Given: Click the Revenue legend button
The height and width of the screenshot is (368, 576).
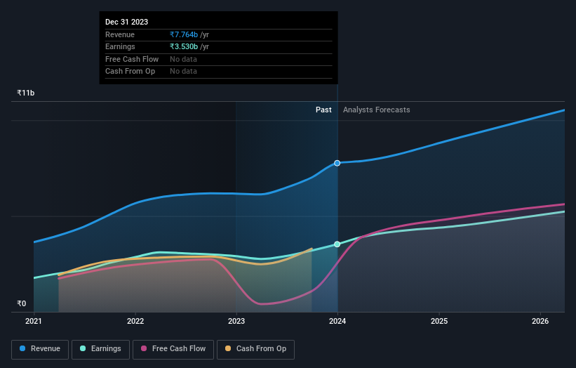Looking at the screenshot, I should click(40, 349).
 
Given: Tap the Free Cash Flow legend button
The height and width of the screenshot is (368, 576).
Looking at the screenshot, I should click(173, 349).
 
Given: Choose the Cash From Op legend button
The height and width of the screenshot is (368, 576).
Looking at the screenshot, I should click(255, 349).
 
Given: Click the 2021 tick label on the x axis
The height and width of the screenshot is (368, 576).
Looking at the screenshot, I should click(34, 322).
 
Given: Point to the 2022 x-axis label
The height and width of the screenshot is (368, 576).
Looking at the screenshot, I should click(135, 322).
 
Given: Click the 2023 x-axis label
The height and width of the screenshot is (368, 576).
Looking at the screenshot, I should click(236, 322).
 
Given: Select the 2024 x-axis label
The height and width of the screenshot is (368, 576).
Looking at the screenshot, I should click(337, 322).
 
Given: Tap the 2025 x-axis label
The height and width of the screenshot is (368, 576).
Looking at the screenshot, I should click(439, 322).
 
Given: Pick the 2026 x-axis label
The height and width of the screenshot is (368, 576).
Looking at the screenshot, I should click(540, 322).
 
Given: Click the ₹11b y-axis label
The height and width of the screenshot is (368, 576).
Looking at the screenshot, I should click(26, 93).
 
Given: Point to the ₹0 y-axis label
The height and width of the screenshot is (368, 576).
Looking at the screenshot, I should click(22, 303).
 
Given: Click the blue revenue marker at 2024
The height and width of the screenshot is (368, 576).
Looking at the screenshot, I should click(337, 163).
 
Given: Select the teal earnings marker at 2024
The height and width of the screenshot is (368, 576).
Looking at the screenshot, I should click(337, 244).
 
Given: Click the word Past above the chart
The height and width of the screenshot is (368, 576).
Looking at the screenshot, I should click(323, 110).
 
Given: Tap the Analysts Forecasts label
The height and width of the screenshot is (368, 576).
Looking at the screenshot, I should click(376, 110).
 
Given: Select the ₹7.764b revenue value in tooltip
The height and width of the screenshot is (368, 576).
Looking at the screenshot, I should click(184, 34).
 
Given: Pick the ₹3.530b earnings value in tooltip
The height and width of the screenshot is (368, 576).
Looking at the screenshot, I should click(184, 47).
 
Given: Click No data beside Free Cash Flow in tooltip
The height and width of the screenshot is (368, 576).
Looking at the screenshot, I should click(183, 59).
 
